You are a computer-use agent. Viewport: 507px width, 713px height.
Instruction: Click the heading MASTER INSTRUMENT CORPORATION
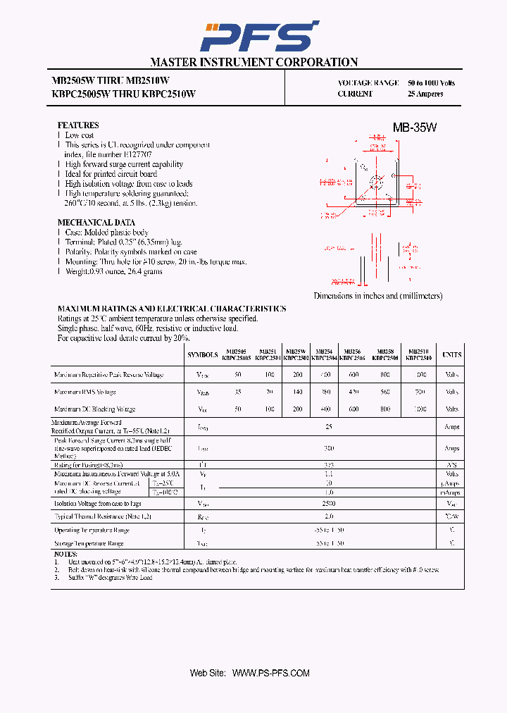pyautogui.click(x=254, y=62)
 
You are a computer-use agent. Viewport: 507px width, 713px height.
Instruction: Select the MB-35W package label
pyautogui.click(x=414, y=128)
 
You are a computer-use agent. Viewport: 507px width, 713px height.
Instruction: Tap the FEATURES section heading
pyautogui.click(x=77, y=125)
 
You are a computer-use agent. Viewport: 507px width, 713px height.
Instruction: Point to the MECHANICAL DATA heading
pyautogui.click(x=96, y=222)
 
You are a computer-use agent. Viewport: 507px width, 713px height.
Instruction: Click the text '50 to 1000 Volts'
pyautogui.click(x=431, y=83)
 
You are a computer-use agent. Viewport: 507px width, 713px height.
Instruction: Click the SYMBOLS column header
pyautogui.click(x=203, y=355)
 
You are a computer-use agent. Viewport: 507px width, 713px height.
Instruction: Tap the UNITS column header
pyautogui.click(x=451, y=355)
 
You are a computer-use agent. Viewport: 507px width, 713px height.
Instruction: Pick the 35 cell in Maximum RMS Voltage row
pyautogui.click(x=238, y=392)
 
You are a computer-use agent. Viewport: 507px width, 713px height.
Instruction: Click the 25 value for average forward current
pyautogui.click(x=329, y=427)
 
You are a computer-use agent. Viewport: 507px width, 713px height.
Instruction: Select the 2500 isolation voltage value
pyautogui.click(x=329, y=504)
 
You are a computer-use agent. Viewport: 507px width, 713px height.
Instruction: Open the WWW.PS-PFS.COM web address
pyautogui.click(x=270, y=674)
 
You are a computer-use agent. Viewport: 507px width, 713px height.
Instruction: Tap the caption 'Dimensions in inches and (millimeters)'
pyautogui.click(x=378, y=296)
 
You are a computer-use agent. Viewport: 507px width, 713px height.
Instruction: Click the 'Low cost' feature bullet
pyautogui.click(x=80, y=135)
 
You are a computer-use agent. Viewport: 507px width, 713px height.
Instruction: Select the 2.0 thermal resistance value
pyautogui.click(x=329, y=516)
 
